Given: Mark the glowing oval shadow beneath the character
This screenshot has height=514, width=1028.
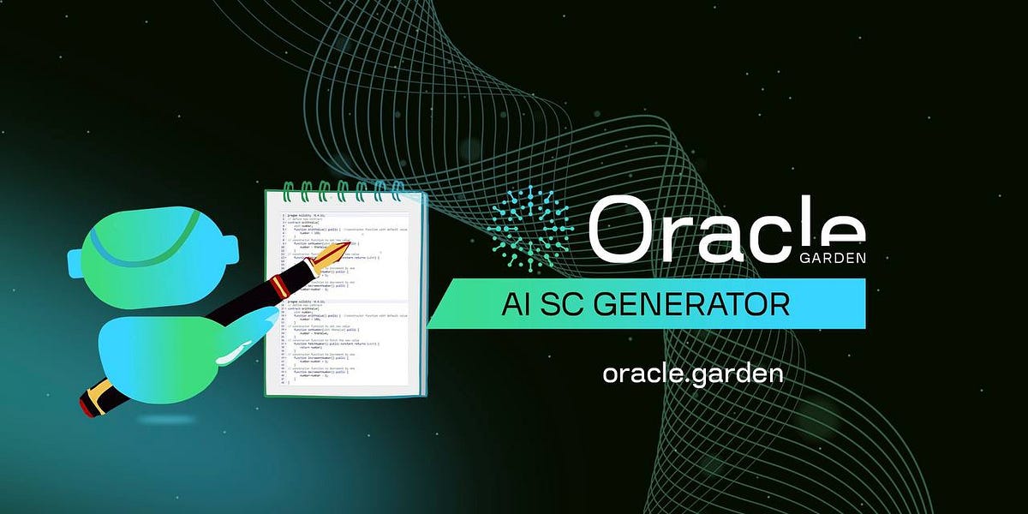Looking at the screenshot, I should [162, 421].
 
